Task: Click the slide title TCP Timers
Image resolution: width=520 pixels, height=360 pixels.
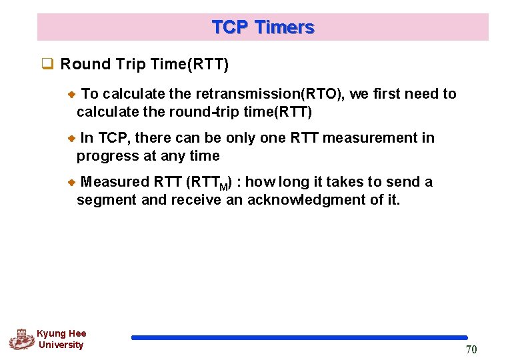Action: point(263,27)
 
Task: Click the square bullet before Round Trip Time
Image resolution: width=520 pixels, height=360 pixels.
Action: point(47,65)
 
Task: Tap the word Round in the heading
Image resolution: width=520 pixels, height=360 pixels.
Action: point(82,65)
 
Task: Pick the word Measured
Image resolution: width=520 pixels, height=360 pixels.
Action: point(115,182)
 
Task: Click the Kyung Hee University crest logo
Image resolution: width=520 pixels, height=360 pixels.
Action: point(22,339)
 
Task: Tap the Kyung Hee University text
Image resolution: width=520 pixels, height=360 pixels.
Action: point(61,339)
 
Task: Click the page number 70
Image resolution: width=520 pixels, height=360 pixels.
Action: point(471,350)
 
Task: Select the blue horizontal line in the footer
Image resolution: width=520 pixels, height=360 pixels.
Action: point(299,338)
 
